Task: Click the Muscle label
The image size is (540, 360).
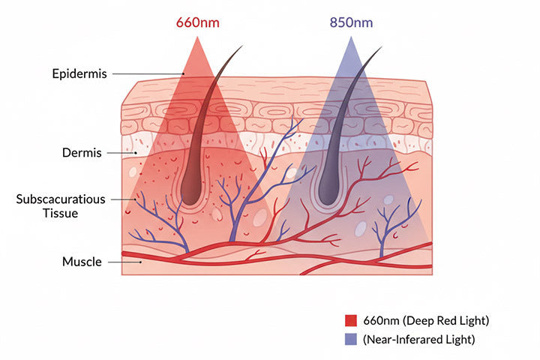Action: (81, 262)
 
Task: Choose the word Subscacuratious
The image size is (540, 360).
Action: (61, 199)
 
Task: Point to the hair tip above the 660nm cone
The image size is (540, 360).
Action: (242, 47)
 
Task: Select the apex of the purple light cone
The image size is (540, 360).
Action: (350, 36)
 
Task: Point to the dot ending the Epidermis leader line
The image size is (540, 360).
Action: (184, 73)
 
